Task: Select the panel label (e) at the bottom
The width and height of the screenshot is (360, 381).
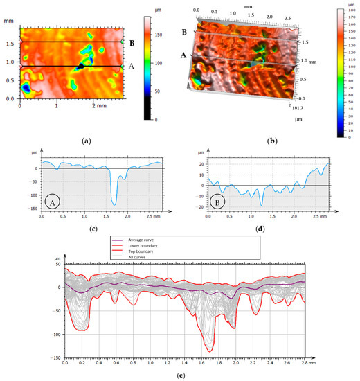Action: coord(179,375)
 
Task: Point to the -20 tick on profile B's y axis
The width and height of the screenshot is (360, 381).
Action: coord(201,207)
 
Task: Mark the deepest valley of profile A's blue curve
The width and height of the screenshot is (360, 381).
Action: coord(114,204)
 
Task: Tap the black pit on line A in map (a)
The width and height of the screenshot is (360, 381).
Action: coord(81,67)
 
